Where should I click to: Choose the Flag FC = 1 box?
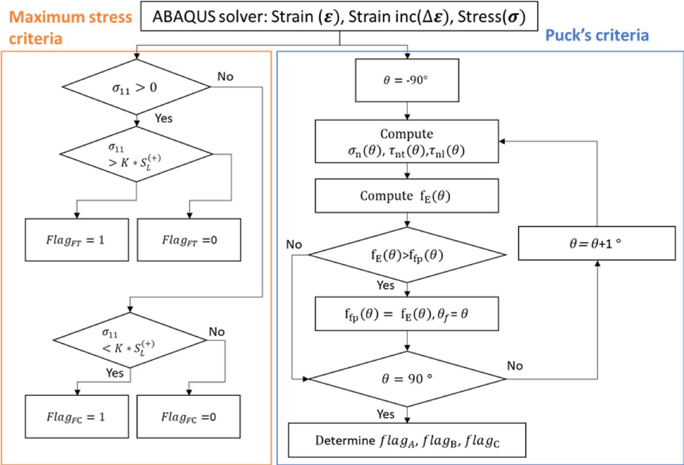coord(77,417)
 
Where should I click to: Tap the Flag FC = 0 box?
coord(188,417)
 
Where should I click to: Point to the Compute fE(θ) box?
coord(407,196)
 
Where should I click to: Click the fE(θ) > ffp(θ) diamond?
coord(407,254)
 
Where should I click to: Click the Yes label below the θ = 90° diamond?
coord(386,414)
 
